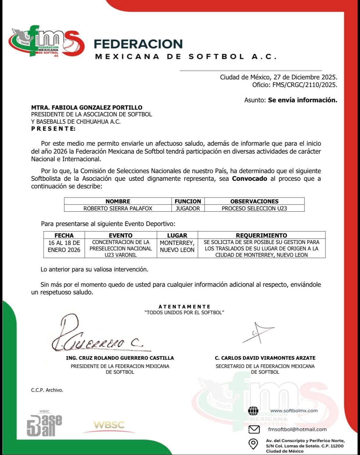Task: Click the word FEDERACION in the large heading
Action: click(x=138, y=44)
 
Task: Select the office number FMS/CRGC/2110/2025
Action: click(x=305, y=85)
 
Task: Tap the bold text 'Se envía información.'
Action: click(x=303, y=100)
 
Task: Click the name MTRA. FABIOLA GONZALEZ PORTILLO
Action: click(x=87, y=107)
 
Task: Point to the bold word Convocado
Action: click(x=249, y=179)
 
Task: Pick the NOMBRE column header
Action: click(x=118, y=201)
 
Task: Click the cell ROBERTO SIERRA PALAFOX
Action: click(x=118, y=208)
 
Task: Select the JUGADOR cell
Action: click(x=188, y=208)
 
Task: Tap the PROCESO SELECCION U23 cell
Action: click(x=254, y=208)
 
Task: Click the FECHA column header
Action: click(x=64, y=235)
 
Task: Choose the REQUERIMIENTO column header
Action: click(x=261, y=235)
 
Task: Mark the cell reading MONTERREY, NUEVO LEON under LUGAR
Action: click(x=177, y=246)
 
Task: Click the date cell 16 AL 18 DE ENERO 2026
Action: click(x=64, y=246)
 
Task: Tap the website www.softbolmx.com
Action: click(x=294, y=411)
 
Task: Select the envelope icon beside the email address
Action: click(x=254, y=429)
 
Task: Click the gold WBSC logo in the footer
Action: click(x=109, y=425)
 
